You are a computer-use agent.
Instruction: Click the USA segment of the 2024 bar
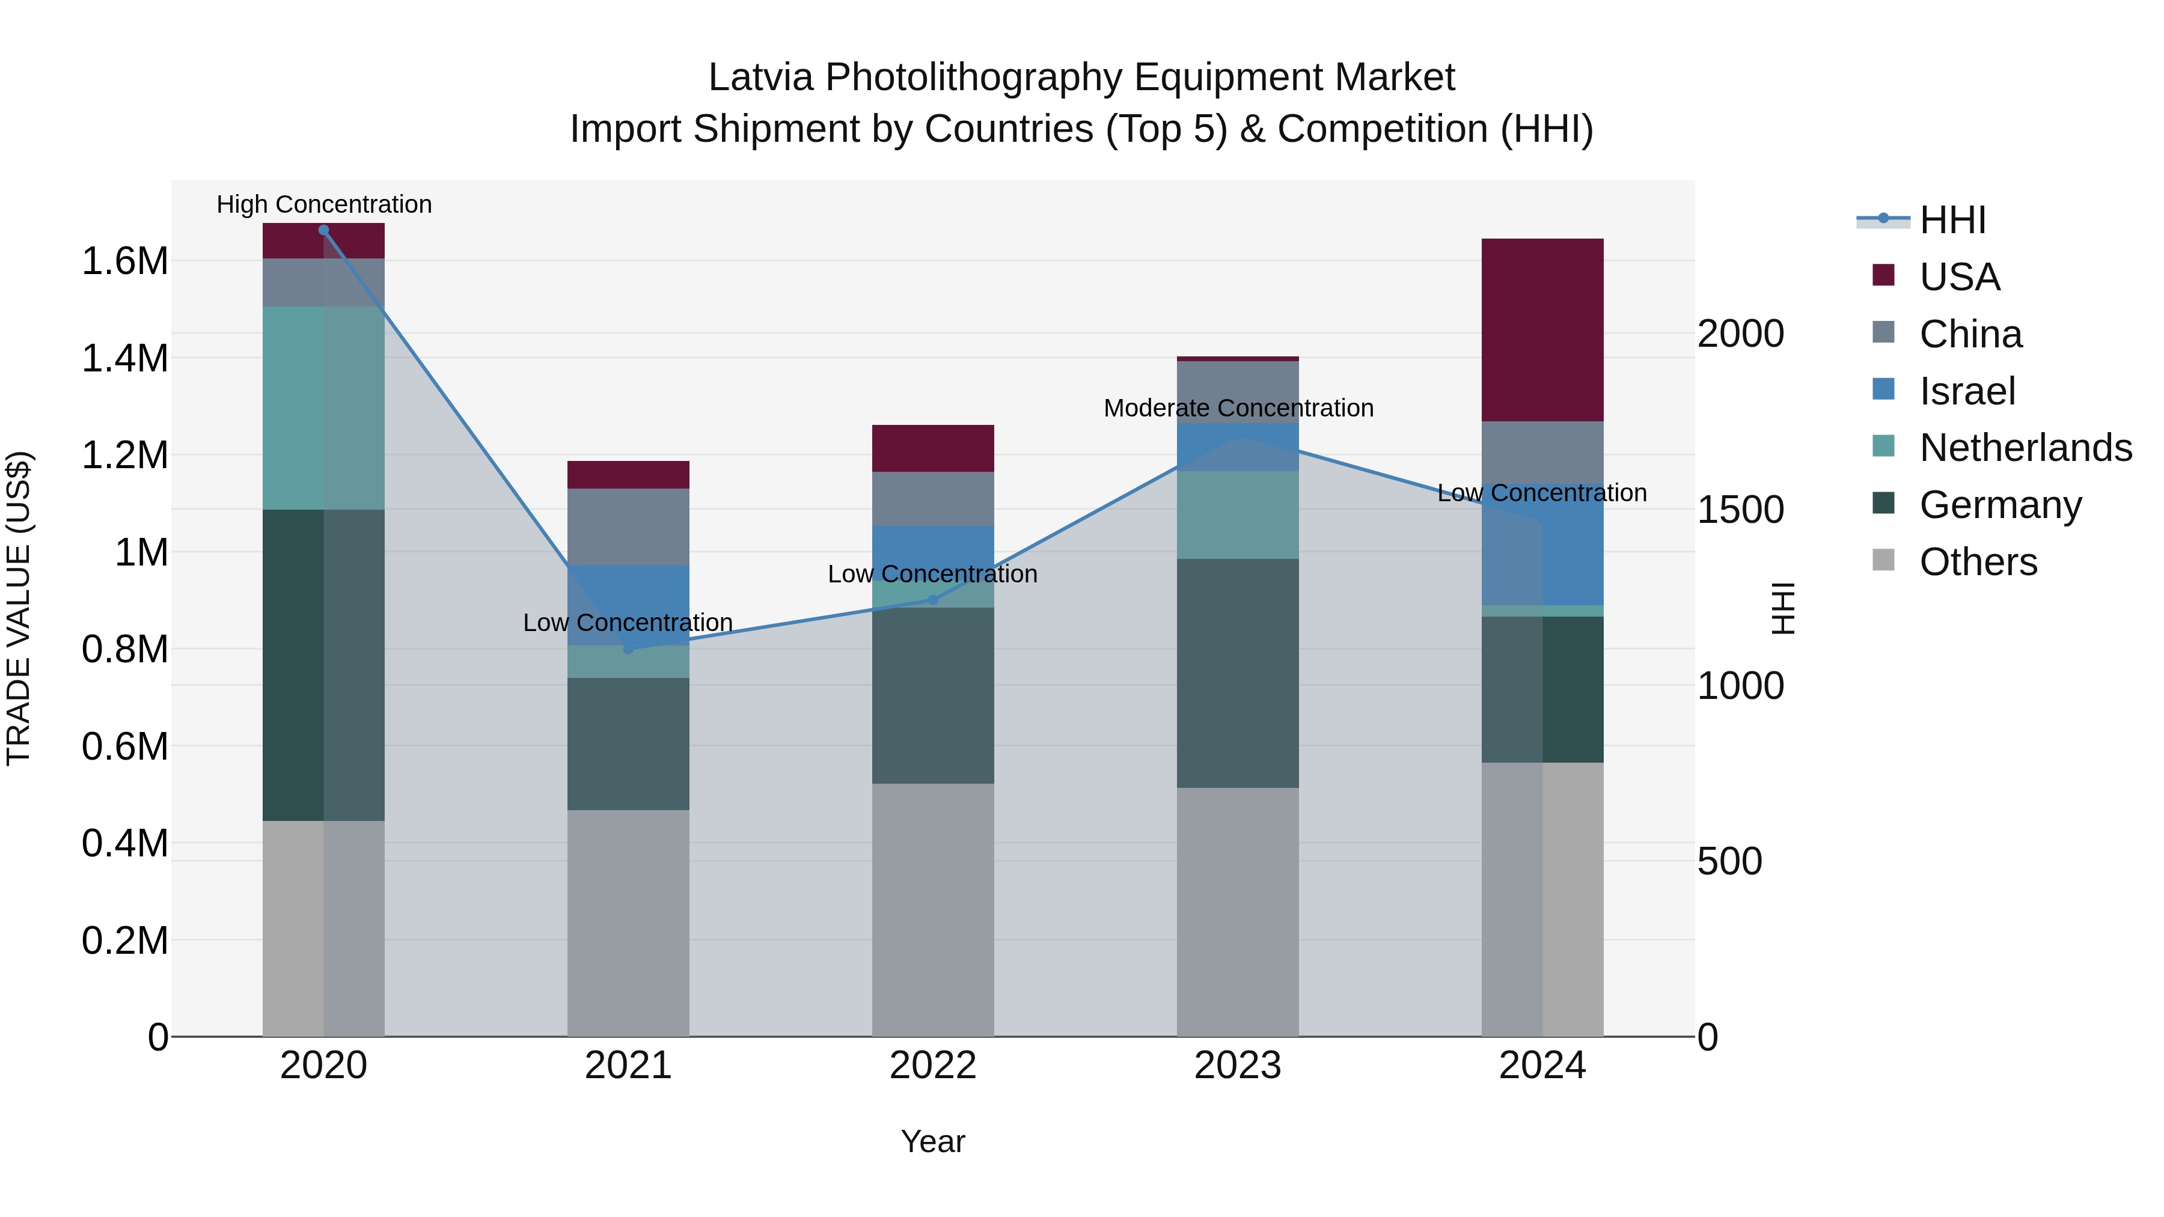pos(1542,329)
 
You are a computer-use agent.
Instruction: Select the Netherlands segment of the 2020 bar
pos(323,407)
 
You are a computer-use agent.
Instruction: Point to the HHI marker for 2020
pos(323,230)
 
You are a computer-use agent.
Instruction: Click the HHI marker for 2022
pos(932,600)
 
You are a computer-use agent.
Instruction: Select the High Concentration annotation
pos(324,205)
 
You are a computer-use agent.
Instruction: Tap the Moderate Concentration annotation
pos(1238,408)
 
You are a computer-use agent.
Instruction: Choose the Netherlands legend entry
pos(2025,448)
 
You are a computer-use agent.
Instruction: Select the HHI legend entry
pos(1951,220)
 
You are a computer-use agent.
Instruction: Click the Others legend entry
pos(1978,562)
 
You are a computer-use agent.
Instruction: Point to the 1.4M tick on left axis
pos(124,359)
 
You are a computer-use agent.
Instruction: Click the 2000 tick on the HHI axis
pos(1740,334)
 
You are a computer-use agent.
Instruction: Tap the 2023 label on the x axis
pos(1238,1066)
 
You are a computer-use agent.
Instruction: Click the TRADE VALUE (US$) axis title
pos(19,608)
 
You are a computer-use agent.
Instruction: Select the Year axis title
pos(932,1141)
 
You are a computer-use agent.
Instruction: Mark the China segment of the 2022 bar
pos(932,499)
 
